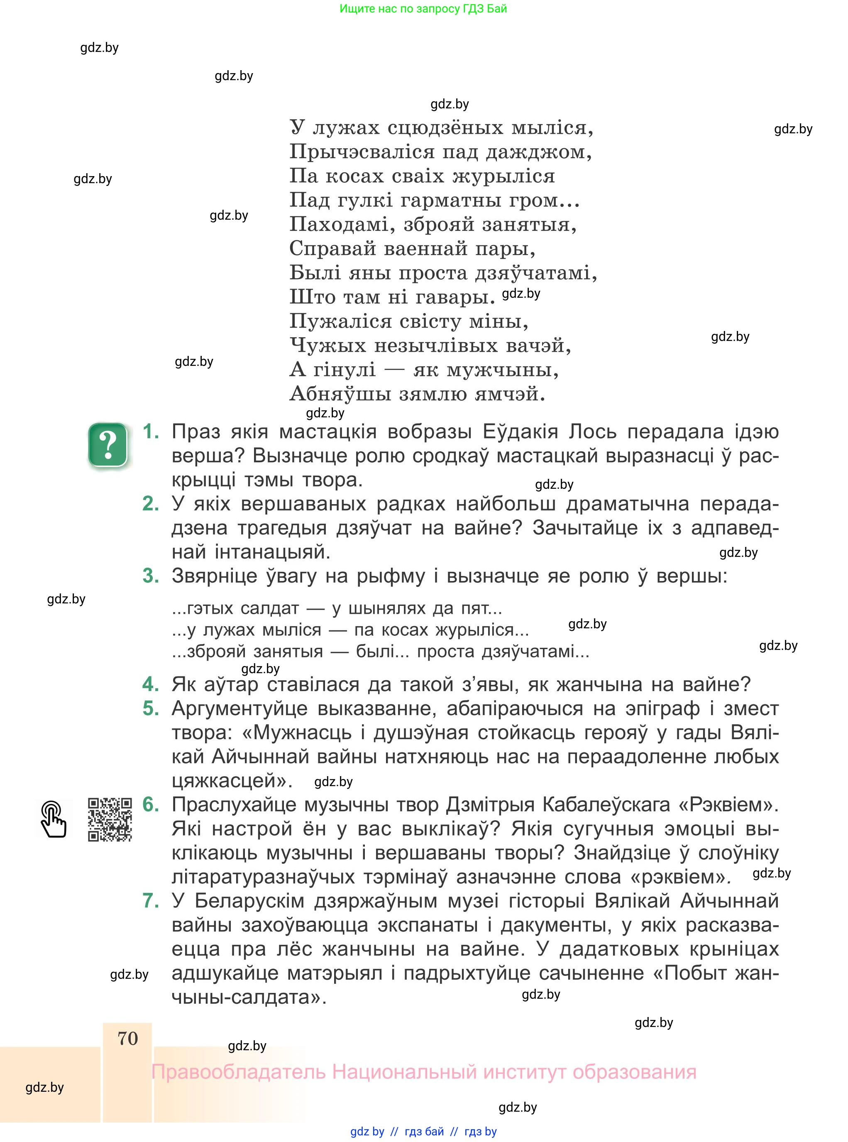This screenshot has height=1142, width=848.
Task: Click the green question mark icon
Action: coord(108,445)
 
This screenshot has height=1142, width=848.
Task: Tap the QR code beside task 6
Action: coord(110,819)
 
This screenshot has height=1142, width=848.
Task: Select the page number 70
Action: coord(128,1038)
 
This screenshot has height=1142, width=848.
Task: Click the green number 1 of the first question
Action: coord(150,431)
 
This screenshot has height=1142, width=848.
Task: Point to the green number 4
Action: coord(150,684)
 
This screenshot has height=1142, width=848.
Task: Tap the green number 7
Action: coord(150,901)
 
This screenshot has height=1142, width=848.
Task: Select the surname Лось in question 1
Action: coord(592,432)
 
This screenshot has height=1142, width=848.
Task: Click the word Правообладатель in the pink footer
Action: coord(238,1072)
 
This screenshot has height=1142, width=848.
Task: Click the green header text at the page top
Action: coord(423,9)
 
